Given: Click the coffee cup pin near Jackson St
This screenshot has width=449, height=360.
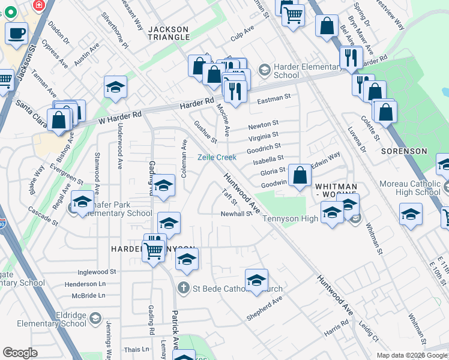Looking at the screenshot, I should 17,32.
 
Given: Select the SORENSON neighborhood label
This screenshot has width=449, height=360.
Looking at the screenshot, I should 404,152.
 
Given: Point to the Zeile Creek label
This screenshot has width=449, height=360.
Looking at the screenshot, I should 217,157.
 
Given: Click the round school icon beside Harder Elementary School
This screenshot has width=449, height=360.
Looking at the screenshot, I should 264,71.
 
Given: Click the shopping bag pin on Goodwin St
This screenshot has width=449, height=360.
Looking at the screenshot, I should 300,175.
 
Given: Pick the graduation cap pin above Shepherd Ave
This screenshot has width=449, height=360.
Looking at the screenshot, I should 256,281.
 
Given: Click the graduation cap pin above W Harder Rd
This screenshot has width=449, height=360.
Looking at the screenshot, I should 115,88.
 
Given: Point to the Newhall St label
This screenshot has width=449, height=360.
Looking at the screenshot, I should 236,214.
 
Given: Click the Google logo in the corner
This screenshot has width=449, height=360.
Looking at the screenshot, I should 20,352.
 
